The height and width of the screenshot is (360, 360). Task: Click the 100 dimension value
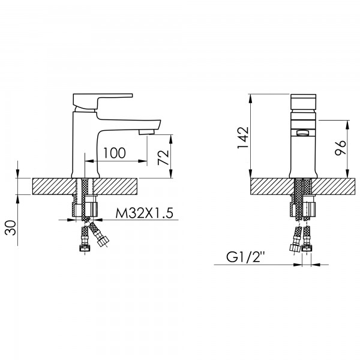(x=115, y=153)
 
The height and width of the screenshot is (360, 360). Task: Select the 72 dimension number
(x=163, y=157)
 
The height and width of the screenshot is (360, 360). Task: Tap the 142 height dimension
(x=243, y=137)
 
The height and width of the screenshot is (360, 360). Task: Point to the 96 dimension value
(x=340, y=148)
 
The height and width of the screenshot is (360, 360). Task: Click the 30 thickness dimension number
(x=11, y=228)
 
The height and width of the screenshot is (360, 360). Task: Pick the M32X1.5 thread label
(x=145, y=213)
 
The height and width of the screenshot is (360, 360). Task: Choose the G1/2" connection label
(x=245, y=257)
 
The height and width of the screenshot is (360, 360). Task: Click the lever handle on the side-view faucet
(x=103, y=101)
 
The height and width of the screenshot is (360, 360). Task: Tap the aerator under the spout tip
(x=146, y=131)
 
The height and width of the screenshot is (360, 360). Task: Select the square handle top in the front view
(x=303, y=102)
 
